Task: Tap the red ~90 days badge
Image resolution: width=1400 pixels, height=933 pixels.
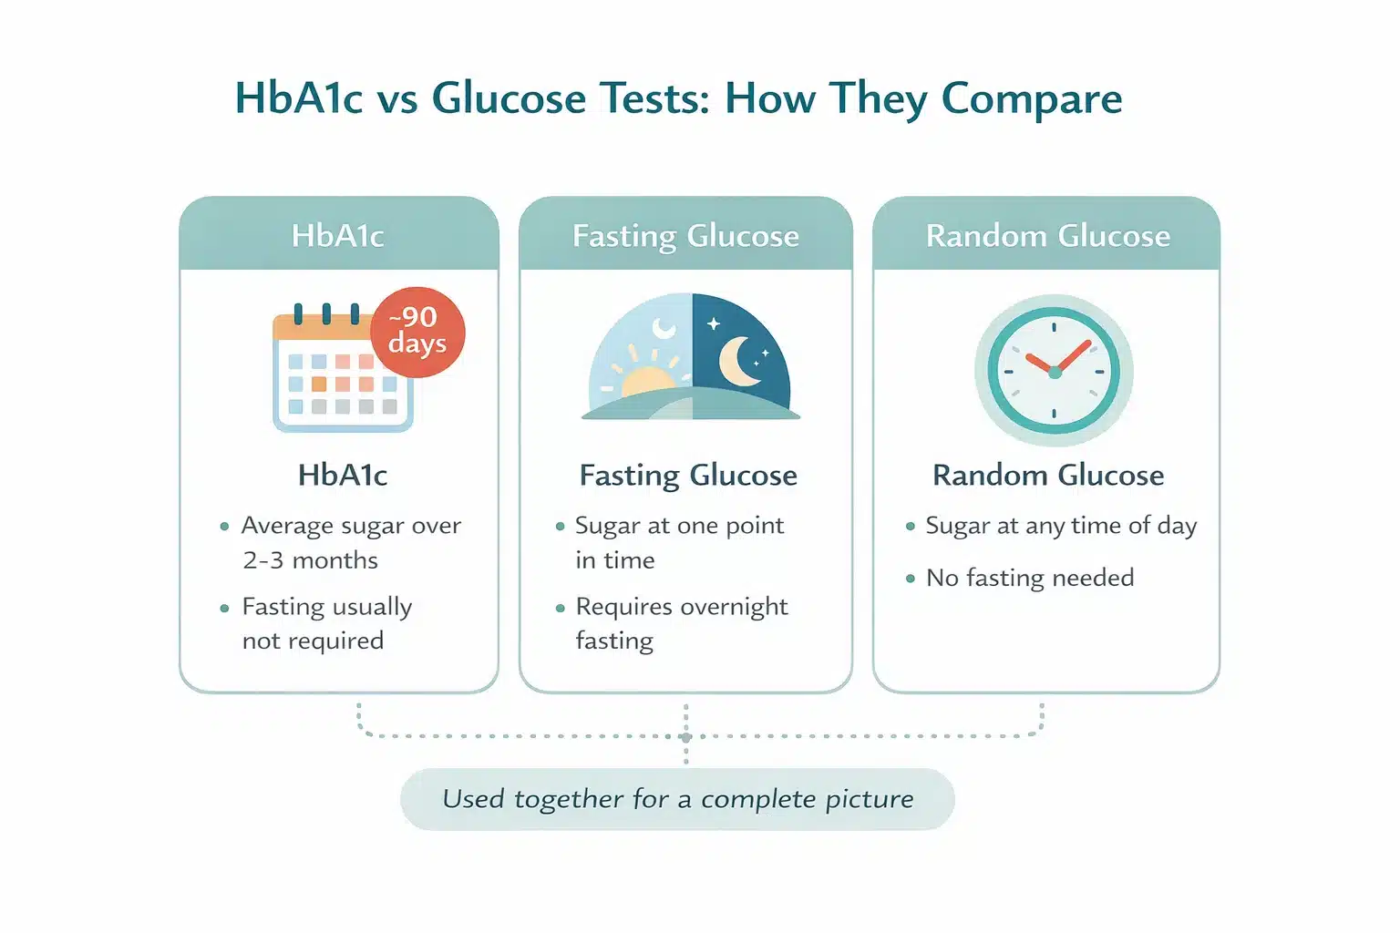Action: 417,332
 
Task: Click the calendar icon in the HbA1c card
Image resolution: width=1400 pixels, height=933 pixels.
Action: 343,369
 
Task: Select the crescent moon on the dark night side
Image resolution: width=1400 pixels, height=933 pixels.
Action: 738,361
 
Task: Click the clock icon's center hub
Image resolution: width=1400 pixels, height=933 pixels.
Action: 1055,373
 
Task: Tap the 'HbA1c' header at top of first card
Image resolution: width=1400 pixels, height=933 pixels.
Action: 338,236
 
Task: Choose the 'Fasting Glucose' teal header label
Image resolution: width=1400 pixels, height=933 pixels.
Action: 685,237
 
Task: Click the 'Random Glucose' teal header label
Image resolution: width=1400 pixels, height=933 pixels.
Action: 1047,236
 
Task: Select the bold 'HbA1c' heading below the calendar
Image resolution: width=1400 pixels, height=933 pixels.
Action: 343,475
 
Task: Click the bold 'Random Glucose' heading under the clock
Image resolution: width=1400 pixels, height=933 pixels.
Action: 1048,476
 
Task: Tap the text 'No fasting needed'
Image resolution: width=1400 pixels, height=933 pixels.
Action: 1030,578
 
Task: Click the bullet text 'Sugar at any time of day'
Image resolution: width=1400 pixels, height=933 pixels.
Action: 1061,527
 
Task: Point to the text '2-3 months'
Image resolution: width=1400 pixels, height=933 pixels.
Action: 310,560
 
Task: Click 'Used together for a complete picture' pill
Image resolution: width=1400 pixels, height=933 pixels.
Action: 677,799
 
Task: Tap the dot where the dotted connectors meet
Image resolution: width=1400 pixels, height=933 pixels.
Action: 686,737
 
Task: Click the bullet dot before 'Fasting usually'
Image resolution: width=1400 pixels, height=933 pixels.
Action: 224,608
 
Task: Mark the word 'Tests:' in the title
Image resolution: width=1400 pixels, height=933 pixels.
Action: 654,98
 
